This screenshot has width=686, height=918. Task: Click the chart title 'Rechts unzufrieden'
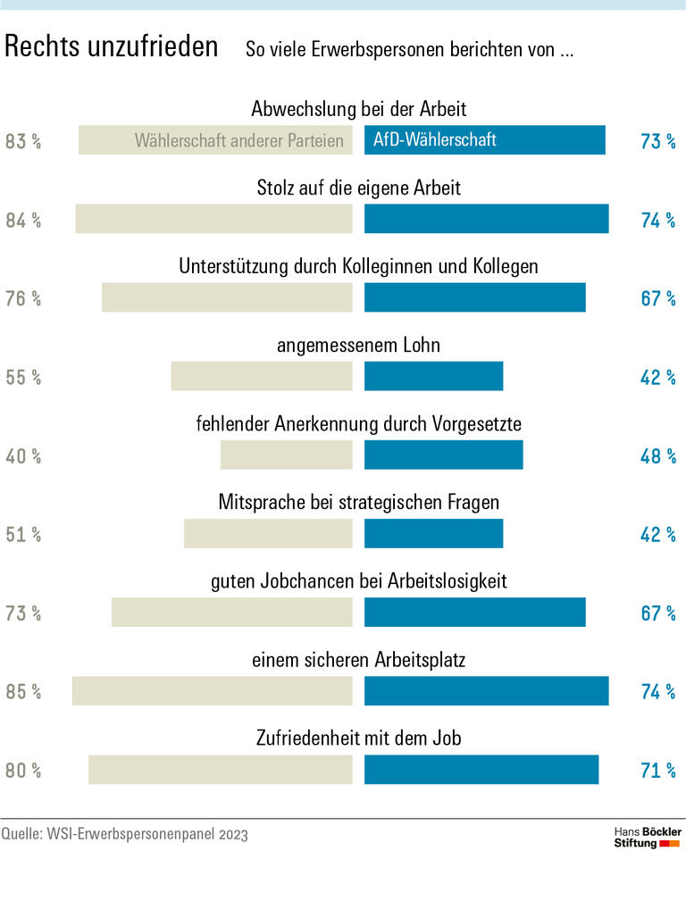click(x=112, y=47)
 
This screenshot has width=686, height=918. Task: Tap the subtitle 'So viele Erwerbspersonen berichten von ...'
click(x=409, y=50)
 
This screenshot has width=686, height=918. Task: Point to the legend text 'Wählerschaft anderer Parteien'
click(x=238, y=141)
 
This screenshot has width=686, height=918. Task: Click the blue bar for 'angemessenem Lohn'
click(x=433, y=377)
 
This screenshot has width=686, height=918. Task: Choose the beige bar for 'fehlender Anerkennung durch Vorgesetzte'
click(x=286, y=455)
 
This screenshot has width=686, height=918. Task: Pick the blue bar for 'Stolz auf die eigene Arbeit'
click(x=486, y=220)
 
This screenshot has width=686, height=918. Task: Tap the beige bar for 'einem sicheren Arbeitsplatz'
click(x=212, y=691)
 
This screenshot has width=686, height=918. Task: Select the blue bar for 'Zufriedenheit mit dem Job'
click(x=481, y=770)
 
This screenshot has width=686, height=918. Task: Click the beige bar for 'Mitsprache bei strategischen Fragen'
click(x=268, y=534)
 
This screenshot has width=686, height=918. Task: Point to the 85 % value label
click(x=23, y=691)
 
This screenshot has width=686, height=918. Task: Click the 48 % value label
click(x=657, y=456)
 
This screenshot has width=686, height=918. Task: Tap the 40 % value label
click(x=23, y=456)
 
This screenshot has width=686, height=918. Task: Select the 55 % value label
click(x=23, y=378)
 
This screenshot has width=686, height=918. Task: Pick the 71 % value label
click(x=657, y=771)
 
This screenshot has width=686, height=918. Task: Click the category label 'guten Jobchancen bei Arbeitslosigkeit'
click(x=358, y=581)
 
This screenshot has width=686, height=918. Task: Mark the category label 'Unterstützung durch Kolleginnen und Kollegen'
click(x=358, y=267)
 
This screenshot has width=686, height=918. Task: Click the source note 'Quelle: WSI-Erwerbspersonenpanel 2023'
click(x=124, y=834)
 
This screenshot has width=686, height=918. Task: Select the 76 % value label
click(x=23, y=299)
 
